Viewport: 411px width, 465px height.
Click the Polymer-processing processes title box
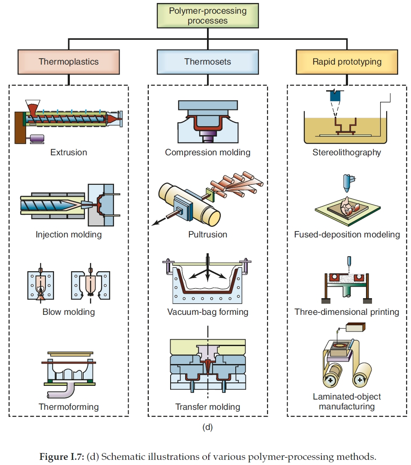tap(208, 16)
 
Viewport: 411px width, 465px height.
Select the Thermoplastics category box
tap(69, 62)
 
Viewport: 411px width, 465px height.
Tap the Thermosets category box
tap(208, 62)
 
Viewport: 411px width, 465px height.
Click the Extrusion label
tap(69, 152)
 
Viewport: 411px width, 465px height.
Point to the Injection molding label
tap(69, 234)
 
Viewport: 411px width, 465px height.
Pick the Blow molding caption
tap(69, 312)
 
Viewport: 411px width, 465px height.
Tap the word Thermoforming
tap(69, 406)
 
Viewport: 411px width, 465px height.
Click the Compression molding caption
tap(208, 152)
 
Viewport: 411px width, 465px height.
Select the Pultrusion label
tap(208, 234)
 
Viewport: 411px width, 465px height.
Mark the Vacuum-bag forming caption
tap(208, 312)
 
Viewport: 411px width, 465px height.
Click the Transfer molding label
tap(208, 406)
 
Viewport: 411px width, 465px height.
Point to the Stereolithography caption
tap(347, 152)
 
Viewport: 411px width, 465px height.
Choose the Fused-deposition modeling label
tap(347, 234)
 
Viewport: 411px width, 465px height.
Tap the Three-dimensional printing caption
tap(347, 312)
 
